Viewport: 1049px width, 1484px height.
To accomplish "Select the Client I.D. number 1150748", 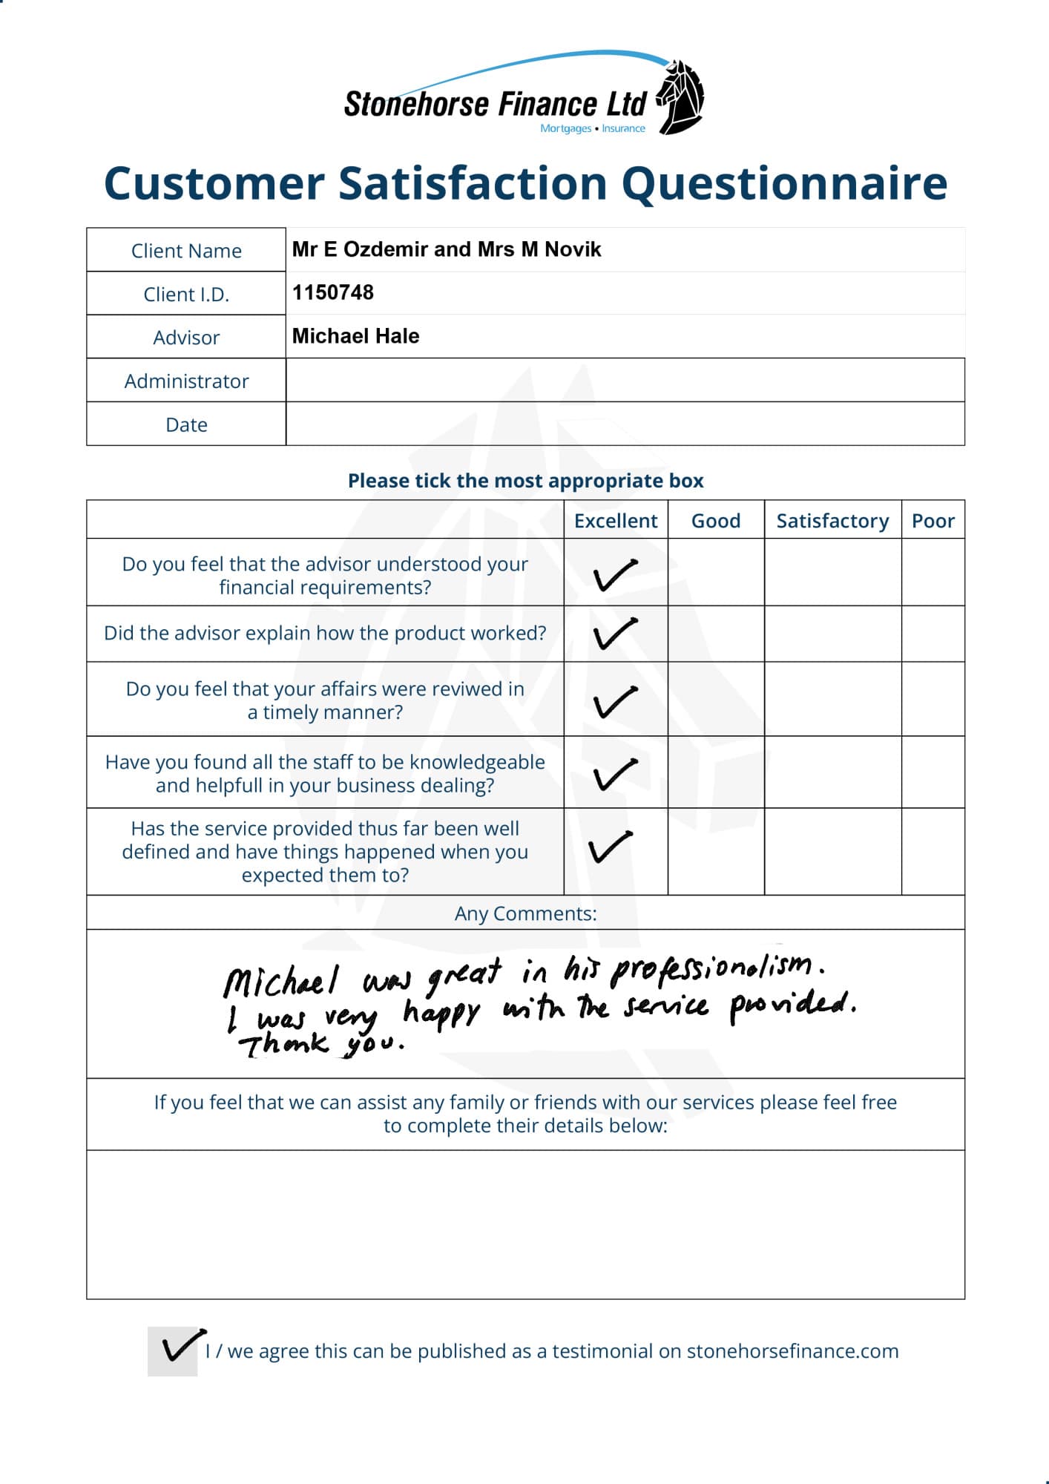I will coord(333,292).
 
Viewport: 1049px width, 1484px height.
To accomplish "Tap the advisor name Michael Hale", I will coord(355,336).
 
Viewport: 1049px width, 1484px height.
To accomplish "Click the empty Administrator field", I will coord(625,381).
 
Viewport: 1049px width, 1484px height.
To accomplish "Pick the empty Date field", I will coord(625,424).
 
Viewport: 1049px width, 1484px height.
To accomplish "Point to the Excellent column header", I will coord(616,521).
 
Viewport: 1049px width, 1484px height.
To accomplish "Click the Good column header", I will coord(716,521).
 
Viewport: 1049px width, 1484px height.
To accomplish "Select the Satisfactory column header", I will coord(832,521).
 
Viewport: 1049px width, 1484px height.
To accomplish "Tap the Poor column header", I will coord(933,521).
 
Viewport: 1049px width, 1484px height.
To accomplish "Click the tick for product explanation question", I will coord(615,634).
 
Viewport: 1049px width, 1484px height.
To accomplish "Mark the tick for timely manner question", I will coord(615,701).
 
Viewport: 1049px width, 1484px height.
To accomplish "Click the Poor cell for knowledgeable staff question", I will coord(933,772).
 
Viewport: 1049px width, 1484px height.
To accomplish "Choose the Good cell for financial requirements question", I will coord(716,572).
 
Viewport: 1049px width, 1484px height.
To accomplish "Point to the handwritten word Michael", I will coord(280,981).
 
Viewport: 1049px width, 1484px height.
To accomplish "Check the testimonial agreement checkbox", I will coord(173,1351).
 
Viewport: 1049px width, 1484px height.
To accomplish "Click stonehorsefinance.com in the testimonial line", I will coord(792,1351).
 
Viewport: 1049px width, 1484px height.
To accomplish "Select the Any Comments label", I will coord(525,913).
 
